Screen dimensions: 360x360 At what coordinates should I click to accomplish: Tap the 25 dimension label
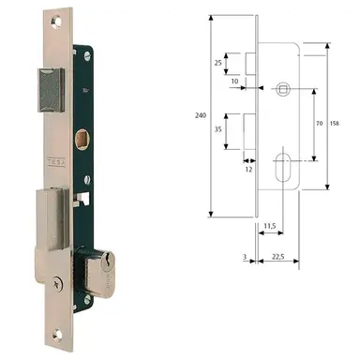click(217, 63)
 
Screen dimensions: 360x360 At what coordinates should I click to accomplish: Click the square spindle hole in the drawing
click(283, 89)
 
